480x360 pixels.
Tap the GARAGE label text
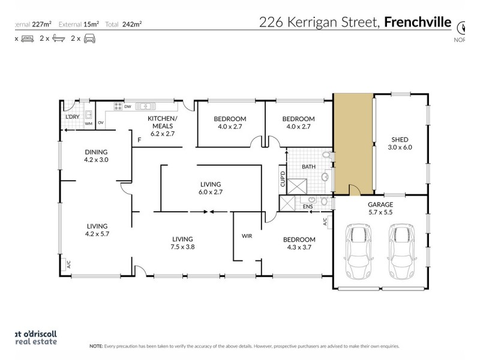(x=380, y=204)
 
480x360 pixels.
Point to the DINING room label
(x=96, y=152)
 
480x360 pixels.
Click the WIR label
(x=246, y=236)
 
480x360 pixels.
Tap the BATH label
(x=308, y=167)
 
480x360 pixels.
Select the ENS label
(x=308, y=207)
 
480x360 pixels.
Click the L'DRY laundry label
(x=73, y=116)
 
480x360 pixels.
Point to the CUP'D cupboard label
(x=282, y=181)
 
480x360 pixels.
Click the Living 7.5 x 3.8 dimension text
(x=184, y=247)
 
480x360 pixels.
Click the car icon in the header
(x=89, y=38)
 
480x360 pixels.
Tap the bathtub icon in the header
(x=58, y=38)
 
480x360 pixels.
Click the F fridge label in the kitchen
(x=139, y=140)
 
